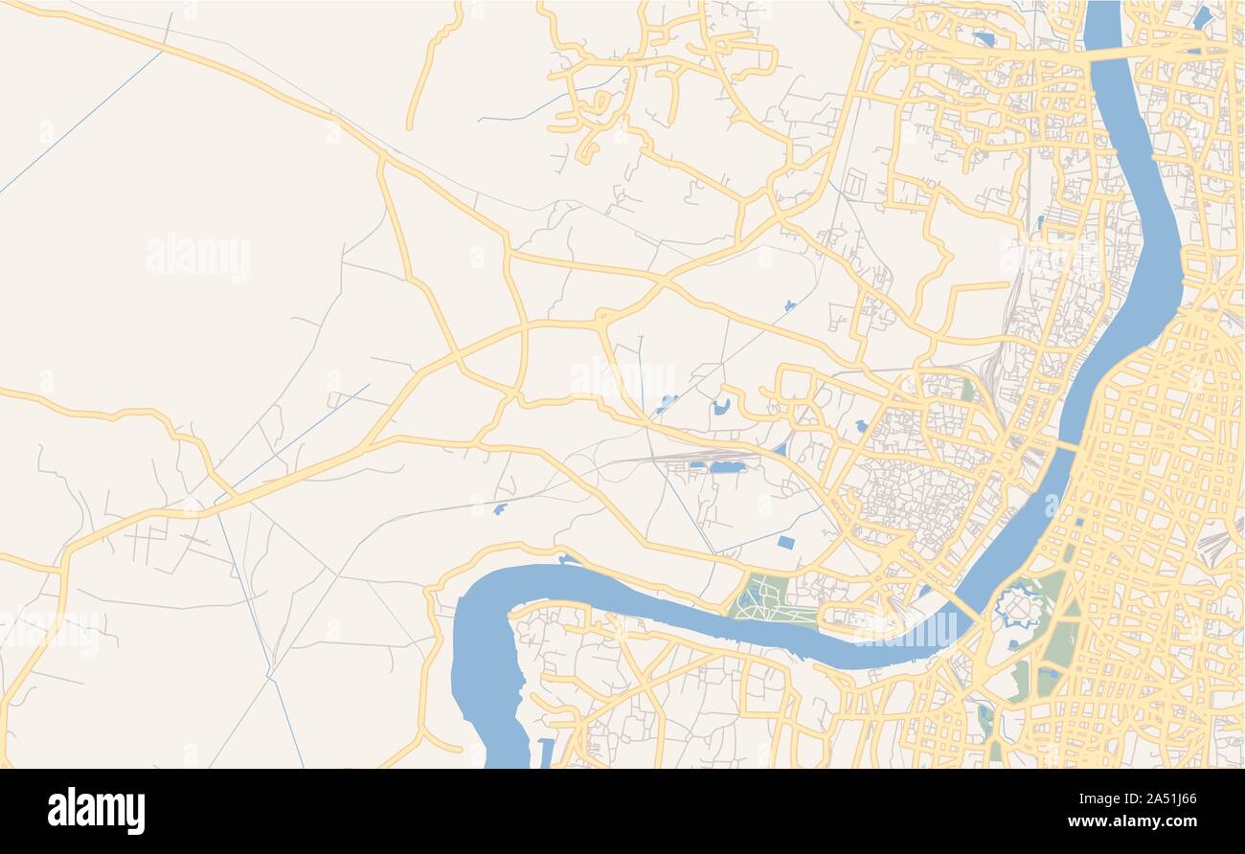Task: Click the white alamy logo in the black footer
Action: pos(96,810)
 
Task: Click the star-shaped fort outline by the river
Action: pos(1016,608)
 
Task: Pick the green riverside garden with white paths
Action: pos(765,597)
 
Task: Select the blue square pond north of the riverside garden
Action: pos(785,543)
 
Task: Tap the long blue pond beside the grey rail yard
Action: pos(727,467)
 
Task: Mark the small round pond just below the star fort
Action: pos(1013,645)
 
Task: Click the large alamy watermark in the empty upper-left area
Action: pos(197,257)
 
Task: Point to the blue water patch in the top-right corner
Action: pos(1201,17)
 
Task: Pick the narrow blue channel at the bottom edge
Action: pos(546,753)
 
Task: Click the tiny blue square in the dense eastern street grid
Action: pos(1079,522)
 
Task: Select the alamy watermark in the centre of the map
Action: pos(622,378)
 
